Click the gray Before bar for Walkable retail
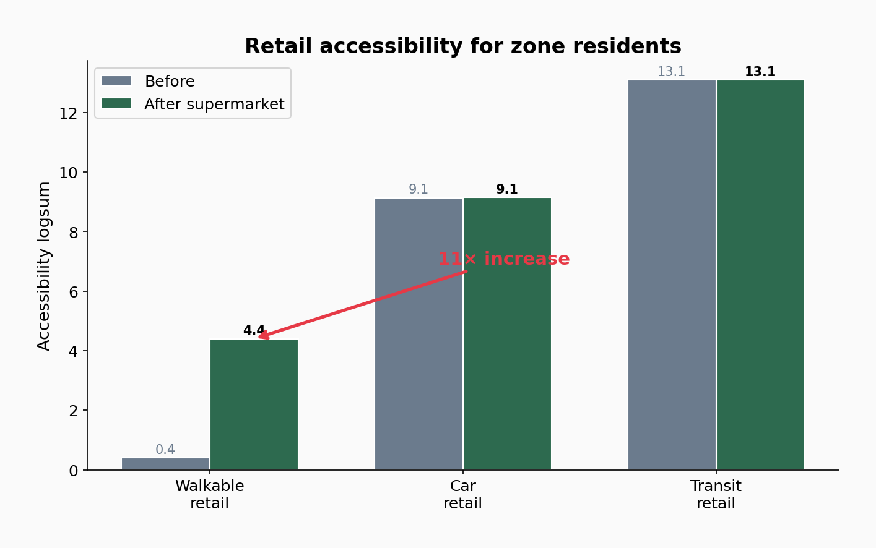click(x=165, y=464)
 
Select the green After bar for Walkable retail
click(x=254, y=405)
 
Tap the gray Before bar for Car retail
click(x=418, y=334)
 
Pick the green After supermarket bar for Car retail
click(x=507, y=334)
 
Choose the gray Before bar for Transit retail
click(x=672, y=275)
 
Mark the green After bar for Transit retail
click(x=760, y=275)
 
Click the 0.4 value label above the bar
click(x=165, y=450)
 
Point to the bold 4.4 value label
click(x=254, y=330)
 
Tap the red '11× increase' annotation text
click(x=503, y=259)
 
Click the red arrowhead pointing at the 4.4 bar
click(x=262, y=336)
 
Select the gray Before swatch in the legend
click(x=116, y=81)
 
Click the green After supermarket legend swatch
click(x=116, y=104)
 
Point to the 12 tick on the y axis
click(x=67, y=113)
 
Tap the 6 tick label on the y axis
click(x=73, y=292)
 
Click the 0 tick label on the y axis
click(x=73, y=471)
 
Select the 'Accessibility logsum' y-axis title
click(x=44, y=266)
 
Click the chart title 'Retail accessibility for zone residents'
click(x=462, y=46)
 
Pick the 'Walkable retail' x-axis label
click(x=209, y=495)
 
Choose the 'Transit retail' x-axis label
click(x=716, y=495)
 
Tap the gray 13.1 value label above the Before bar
click(x=671, y=72)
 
